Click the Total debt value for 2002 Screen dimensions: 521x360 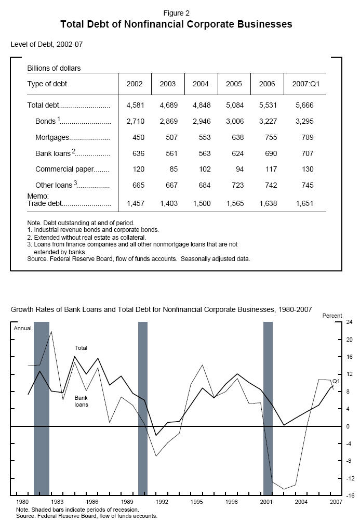tap(135, 106)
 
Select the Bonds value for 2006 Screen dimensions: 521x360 tap(267, 122)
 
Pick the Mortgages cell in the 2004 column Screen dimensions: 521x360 tap(201, 138)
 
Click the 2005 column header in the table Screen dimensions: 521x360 tap(234, 84)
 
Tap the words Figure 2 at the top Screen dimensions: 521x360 tap(176, 12)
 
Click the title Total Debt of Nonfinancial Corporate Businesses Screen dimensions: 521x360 tap(176, 24)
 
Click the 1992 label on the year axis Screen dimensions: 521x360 tap(162, 503)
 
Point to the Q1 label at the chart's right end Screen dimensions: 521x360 tap(336, 381)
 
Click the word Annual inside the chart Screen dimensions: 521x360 tap(22, 329)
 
